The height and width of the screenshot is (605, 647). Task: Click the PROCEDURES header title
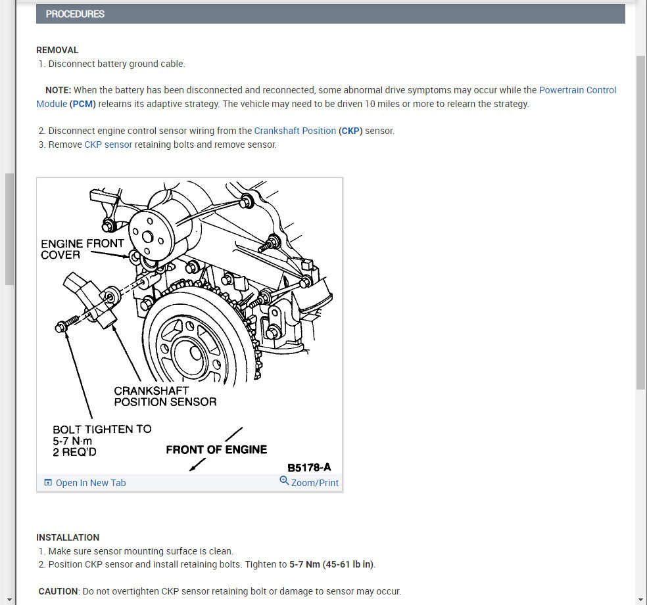[x=75, y=14]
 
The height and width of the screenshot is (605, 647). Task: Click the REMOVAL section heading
[x=57, y=50]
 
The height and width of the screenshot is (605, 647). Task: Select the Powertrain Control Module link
[x=577, y=90]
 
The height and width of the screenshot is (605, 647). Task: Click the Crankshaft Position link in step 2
[x=295, y=131]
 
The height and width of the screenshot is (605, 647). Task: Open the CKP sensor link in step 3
[x=108, y=145]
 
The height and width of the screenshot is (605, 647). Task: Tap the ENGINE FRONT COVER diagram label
[x=82, y=249]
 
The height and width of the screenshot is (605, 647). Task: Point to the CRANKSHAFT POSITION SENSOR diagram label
[x=165, y=396]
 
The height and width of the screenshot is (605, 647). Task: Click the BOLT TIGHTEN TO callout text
[x=102, y=429]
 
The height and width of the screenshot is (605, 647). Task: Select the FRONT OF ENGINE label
[x=216, y=450]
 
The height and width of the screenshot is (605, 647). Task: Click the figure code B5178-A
[x=309, y=468]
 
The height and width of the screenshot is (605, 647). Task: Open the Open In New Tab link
[x=90, y=483]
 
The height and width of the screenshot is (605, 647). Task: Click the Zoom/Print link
[x=314, y=483]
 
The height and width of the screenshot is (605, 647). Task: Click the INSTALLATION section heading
[x=68, y=537]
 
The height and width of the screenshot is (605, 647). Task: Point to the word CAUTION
[x=59, y=591]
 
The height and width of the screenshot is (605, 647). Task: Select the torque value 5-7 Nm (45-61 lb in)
[x=331, y=564]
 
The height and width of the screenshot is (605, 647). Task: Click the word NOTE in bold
[x=58, y=90]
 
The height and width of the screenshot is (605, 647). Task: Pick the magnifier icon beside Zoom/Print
[x=284, y=481]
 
